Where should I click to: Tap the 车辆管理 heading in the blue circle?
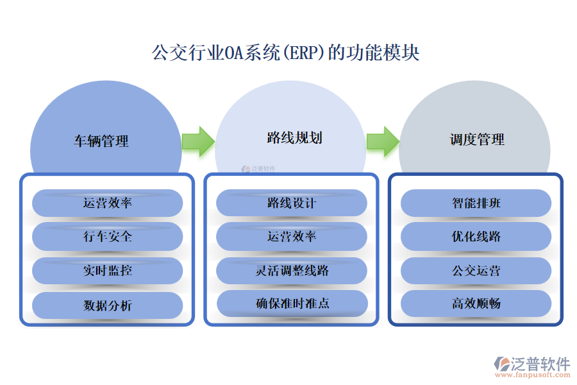click(101, 141)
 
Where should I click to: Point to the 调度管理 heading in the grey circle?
click(477, 139)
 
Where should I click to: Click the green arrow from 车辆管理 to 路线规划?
click(197, 141)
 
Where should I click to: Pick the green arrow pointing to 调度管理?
click(382, 141)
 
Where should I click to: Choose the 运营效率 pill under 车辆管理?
click(108, 203)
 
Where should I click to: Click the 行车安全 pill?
click(108, 237)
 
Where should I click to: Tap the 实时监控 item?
click(108, 271)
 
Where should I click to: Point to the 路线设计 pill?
click(292, 203)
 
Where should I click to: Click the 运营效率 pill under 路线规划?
click(292, 237)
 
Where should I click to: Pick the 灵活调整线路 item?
click(292, 271)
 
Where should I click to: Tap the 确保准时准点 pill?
click(292, 304)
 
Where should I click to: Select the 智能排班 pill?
click(476, 203)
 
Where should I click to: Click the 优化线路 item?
click(476, 237)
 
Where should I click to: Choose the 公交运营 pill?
click(476, 271)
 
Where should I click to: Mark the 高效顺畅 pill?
click(476, 304)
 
